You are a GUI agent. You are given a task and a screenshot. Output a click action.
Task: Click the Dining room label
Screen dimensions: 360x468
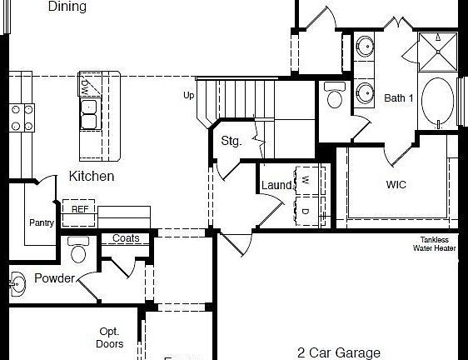coord(67,7)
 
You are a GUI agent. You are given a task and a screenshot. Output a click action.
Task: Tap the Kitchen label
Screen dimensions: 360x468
coord(92,177)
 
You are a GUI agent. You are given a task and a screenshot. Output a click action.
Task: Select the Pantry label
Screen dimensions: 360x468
coord(42,222)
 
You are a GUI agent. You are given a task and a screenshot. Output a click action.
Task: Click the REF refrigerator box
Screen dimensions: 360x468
coord(79,209)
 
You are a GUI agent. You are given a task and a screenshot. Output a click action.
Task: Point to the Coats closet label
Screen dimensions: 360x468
coord(126,238)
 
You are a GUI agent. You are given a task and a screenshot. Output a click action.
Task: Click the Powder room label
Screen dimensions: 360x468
coord(54,278)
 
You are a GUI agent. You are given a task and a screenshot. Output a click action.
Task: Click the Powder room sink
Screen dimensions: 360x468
coord(17,283)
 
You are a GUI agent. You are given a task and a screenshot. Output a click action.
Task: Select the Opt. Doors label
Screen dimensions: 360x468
coord(111,337)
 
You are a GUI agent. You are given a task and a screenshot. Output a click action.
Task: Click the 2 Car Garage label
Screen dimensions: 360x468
coord(339,352)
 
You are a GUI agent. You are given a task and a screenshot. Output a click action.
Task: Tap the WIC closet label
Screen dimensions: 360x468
coord(396,185)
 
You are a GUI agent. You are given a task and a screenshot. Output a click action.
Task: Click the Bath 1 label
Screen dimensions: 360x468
coord(399,98)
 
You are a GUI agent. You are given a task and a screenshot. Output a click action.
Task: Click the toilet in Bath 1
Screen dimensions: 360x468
coord(336,98)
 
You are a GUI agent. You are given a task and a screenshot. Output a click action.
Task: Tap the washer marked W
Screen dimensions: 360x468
coord(306,180)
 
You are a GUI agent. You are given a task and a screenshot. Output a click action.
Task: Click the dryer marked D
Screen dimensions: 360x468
coord(306,211)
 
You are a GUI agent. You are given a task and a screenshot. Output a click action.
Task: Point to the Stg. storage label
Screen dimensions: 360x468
coord(232,141)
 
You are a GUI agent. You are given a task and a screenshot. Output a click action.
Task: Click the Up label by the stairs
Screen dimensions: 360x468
coord(189,96)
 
